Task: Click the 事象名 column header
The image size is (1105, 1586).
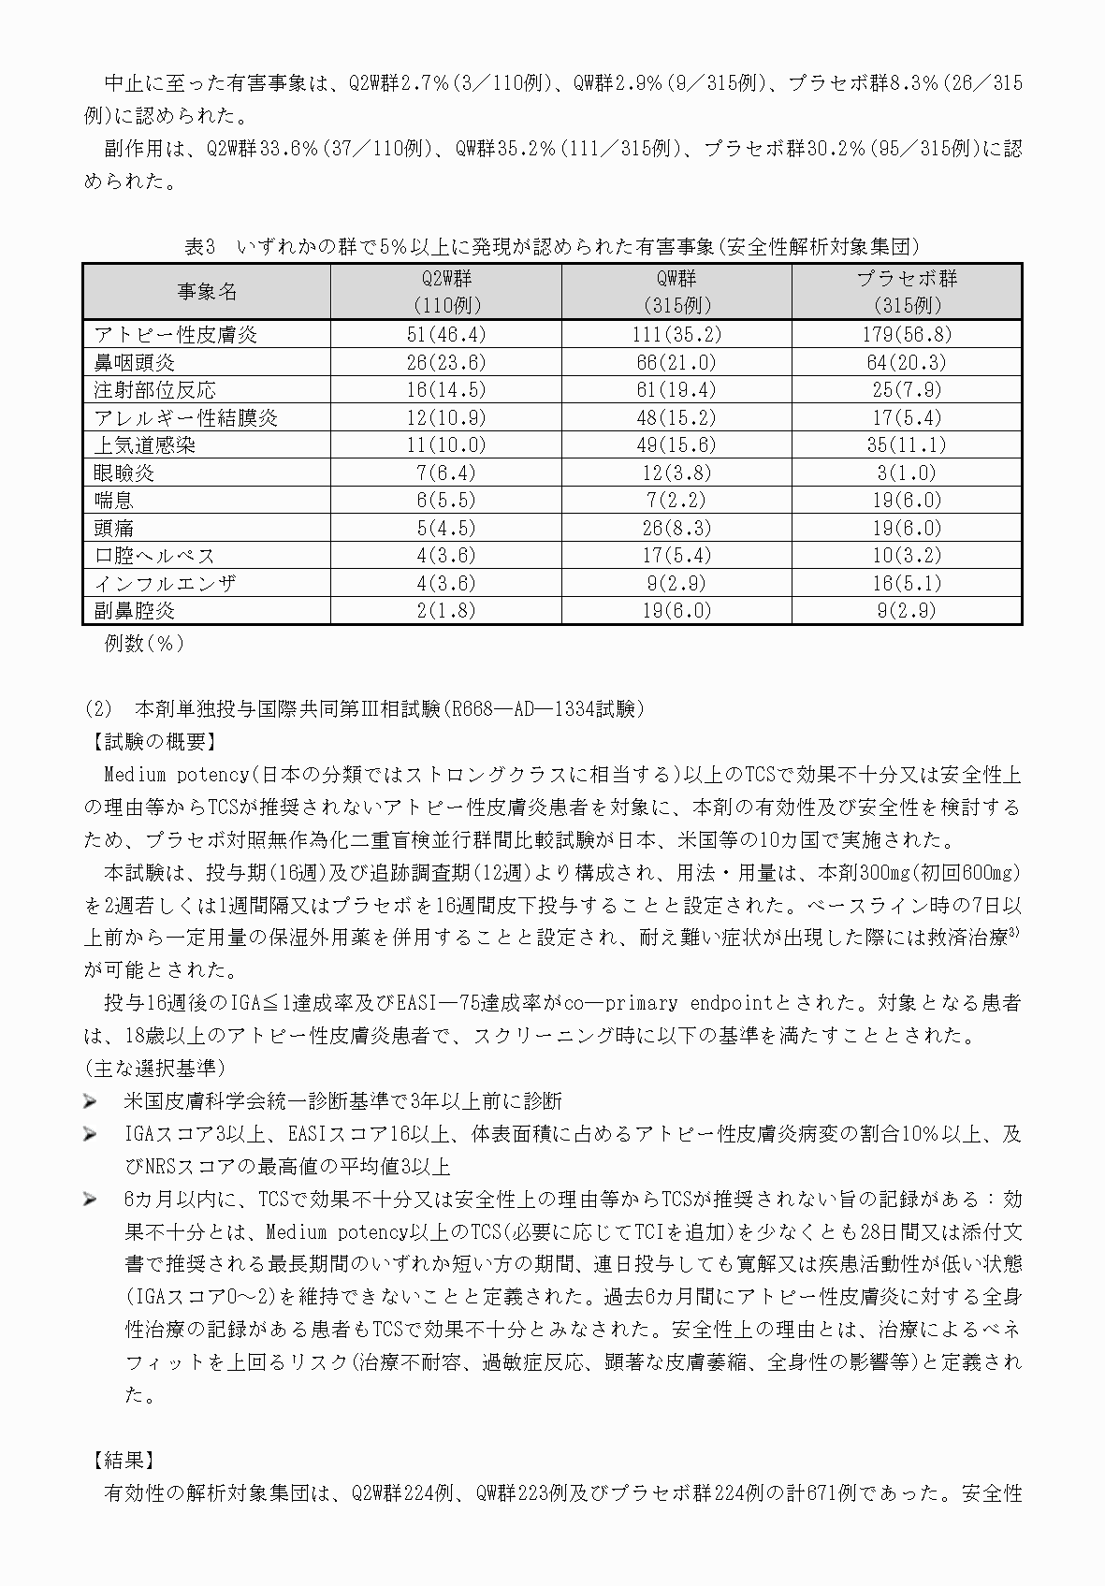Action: click(207, 292)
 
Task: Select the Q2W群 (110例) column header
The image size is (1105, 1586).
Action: click(445, 292)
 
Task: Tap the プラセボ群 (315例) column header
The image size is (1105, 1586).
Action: click(907, 292)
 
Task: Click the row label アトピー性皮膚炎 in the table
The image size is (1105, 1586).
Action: click(175, 335)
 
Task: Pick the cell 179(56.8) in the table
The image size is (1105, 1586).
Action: click(907, 335)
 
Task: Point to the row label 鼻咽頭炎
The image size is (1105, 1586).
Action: click(134, 362)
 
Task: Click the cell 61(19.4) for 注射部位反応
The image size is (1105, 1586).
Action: click(676, 390)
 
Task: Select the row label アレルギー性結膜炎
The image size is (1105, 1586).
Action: click(185, 417)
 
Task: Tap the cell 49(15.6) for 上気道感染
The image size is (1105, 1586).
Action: click(676, 445)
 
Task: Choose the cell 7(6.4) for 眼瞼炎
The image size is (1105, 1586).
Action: click(445, 473)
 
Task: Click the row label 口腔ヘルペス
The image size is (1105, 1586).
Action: click(154, 556)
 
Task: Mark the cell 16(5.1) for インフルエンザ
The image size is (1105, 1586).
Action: click(907, 583)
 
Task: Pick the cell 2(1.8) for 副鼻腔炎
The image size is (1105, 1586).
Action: click(445, 611)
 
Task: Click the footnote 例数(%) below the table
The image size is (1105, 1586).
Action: click(144, 644)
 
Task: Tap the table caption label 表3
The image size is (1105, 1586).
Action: click(199, 246)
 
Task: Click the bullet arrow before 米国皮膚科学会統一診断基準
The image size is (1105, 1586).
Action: click(91, 1101)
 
